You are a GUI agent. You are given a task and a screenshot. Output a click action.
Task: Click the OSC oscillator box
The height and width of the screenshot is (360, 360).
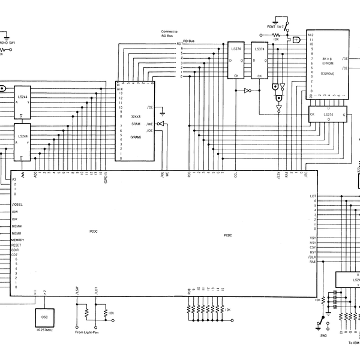(44, 316)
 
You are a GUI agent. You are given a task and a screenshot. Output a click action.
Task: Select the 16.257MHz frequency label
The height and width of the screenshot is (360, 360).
(44, 330)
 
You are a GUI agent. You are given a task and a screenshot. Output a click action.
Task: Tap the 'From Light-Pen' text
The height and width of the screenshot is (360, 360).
(87, 332)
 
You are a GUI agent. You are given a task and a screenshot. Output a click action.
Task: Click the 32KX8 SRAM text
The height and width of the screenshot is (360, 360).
(140, 118)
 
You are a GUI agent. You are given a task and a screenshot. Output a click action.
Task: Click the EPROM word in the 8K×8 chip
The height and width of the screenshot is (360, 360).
(326, 62)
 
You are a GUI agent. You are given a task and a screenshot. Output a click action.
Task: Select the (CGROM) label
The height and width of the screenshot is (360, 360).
(327, 73)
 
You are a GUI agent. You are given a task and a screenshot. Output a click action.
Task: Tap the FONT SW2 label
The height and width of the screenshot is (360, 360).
(275, 27)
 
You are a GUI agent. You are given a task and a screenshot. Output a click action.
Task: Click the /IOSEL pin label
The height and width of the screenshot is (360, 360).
(17, 204)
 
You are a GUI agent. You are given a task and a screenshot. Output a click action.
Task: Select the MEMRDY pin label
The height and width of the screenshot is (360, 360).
(17, 239)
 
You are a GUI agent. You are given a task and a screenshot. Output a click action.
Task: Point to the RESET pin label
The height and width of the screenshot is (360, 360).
(16, 245)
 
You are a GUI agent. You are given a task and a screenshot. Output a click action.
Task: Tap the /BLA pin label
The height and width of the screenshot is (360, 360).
(312, 257)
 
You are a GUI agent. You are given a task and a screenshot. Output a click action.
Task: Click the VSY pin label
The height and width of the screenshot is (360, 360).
(313, 238)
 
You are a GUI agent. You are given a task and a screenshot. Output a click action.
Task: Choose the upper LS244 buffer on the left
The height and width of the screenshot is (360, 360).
(22, 102)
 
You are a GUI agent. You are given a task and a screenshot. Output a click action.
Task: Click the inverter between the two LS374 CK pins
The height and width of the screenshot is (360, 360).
(247, 91)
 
